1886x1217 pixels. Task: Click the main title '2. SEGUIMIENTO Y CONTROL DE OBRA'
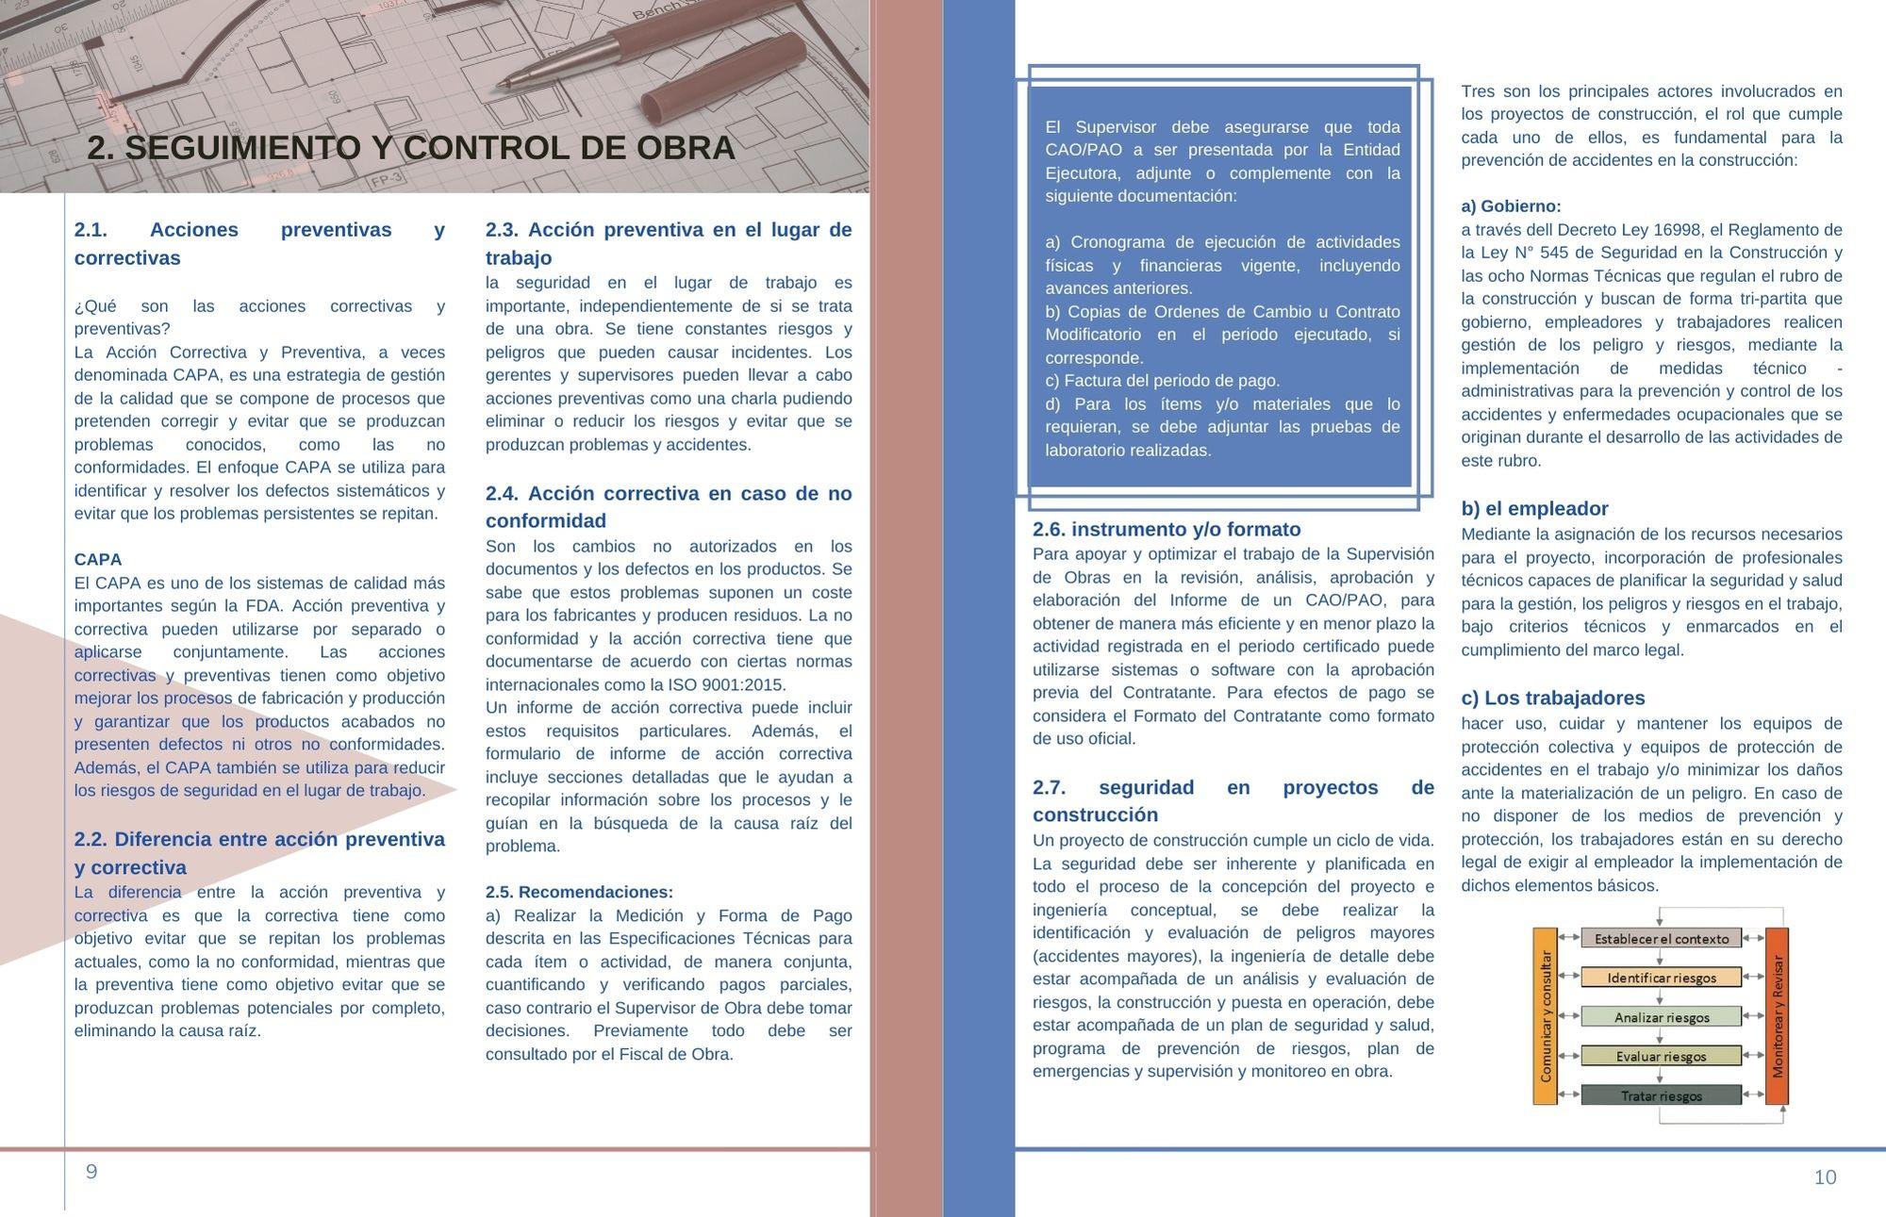[411, 148]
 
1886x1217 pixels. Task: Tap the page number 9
[91, 1172]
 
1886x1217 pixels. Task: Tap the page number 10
[1825, 1176]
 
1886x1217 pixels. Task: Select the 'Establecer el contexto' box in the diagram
[1661, 939]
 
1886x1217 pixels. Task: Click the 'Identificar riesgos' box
[1661, 978]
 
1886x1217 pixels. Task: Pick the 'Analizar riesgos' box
[1661, 1017]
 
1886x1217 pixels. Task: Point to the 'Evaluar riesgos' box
[1661, 1056]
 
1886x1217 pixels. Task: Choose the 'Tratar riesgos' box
[1661, 1095]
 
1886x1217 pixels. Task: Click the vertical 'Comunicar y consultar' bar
[1545, 1015]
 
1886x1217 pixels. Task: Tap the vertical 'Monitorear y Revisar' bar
[1777, 1015]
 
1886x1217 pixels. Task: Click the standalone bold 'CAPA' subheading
[98, 559]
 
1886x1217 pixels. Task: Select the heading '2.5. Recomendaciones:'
[579, 892]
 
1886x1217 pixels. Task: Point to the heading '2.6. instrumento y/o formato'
[1166, 529]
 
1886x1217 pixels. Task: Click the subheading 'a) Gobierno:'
[1511, 206]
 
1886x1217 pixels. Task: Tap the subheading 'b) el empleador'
[1534, 509]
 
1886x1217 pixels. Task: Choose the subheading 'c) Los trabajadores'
[1552, 699]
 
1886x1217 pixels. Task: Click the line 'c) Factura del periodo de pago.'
[1162, 381]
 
